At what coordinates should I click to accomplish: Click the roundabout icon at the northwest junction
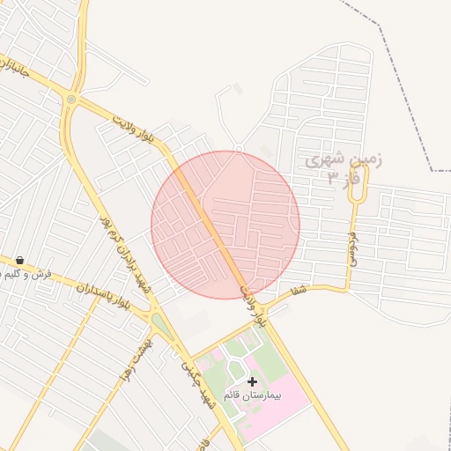71,100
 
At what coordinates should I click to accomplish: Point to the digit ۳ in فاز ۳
332,178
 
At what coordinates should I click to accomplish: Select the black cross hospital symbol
253,381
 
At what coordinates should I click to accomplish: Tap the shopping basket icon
19,260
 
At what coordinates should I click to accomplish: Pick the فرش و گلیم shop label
26,274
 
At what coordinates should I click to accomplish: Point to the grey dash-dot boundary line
388,53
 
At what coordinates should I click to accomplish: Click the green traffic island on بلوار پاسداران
162,326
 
